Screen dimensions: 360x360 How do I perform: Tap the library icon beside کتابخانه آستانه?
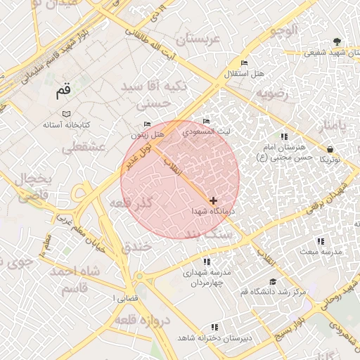pyautogui.click(x=65, y=113)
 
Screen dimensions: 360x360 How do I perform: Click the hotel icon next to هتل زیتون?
pyautogui.click(x=147, y=124)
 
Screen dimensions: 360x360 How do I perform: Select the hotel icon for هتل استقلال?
pyautogui.click(x=244, y=63)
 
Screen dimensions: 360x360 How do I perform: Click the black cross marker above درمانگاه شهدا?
pyautogui.click(x=213, y=201)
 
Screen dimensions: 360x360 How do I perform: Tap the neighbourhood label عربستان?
pyautogui.click(x=198, y=39)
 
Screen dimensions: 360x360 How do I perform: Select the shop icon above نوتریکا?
pyautogui.click(x=330, y=148)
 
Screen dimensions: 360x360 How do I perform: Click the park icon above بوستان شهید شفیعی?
pyautogui.click(x=337, y=40)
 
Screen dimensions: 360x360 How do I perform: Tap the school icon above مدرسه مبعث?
pyautogui.click(x=321, y=241)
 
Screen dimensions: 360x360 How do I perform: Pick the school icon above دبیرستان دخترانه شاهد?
pyautogui.click(x=214, y=327)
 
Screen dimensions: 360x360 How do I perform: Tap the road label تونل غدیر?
pyautogui.click(x=137, y=155)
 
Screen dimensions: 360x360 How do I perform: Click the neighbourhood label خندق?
pyautogui.click(x=136, y=247)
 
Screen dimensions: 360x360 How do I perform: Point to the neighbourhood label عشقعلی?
pyautogui.click(x=84, y=148)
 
